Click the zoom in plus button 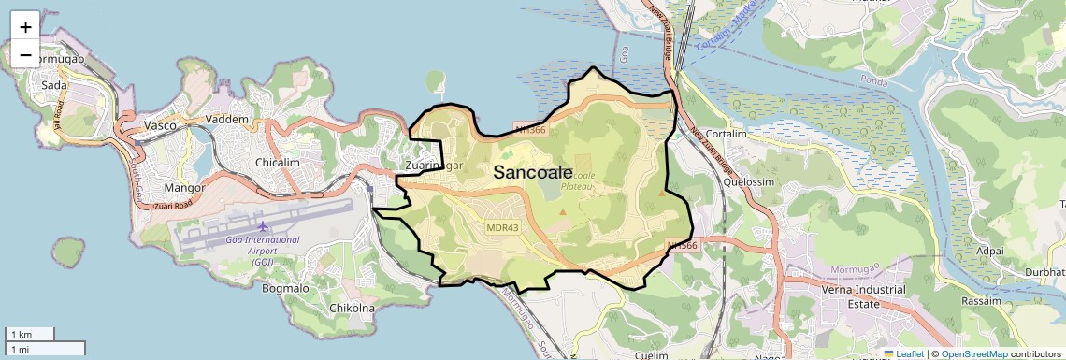pos(25,27)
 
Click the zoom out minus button pos(25,55)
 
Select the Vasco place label pos(160,125)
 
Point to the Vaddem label pos(228,120)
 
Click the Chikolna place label pos(353,308)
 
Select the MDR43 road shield pos(503,227)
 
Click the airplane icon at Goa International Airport pos(262,225)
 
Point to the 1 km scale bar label pos(21,334)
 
